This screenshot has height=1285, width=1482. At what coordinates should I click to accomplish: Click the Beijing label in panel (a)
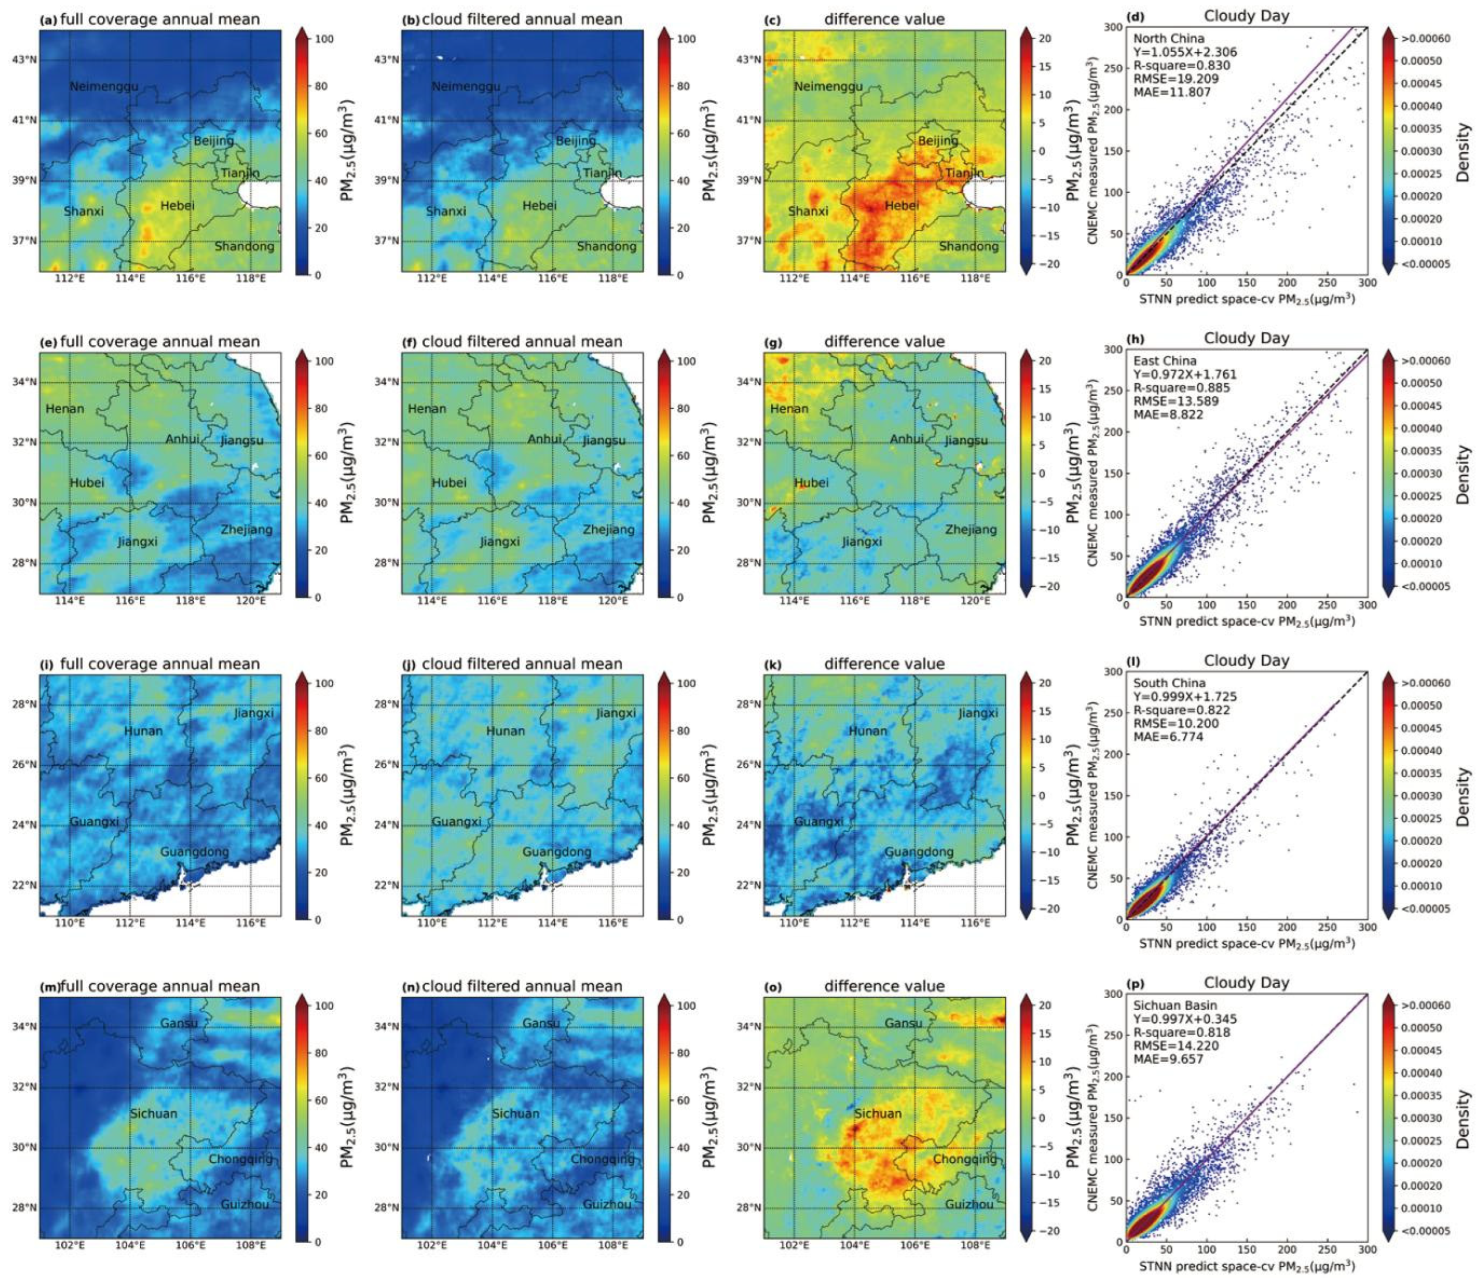pos(214,141)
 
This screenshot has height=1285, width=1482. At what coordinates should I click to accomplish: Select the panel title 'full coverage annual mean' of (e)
pos(160,341)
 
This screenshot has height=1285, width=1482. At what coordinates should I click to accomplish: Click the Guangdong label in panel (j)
pos(556,852)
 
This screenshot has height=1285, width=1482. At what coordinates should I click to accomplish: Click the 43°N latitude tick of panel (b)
pos(386,60)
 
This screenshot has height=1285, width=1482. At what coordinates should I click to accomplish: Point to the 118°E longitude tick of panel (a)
pos(251,278)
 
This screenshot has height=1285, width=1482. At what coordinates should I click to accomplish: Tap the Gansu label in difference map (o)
pos(903,1023)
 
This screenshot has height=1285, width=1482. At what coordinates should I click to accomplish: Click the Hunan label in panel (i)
pos(143,731)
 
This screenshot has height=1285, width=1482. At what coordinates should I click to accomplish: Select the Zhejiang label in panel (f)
pos(609,529)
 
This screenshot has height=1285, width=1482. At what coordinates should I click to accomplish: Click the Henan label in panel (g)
pos(789,409)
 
